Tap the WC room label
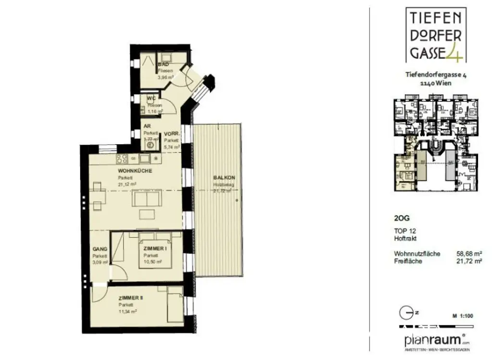click(151, 99)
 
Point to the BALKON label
click(222, 178)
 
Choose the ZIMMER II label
click(131, 298)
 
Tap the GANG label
click(100, 249)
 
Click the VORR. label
click(172, 134)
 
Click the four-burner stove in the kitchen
click(121, 159)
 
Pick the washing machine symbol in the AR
click(150, 144)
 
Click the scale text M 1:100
click(463, 316)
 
